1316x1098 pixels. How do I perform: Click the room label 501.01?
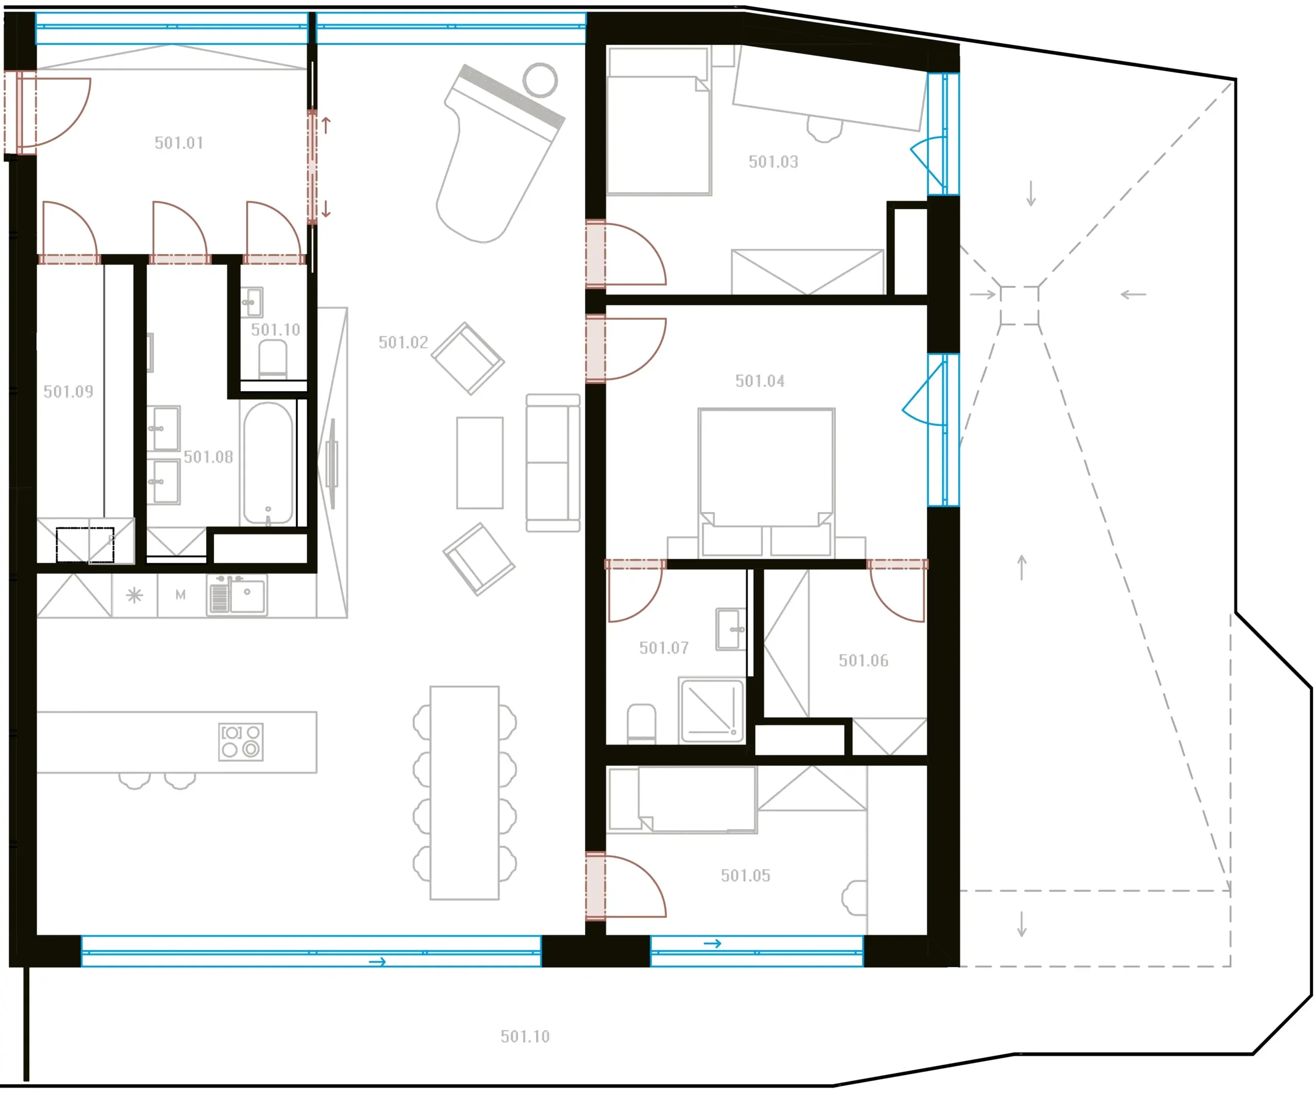(x=179, y=143)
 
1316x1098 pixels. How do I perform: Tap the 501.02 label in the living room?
(x=403, y=342)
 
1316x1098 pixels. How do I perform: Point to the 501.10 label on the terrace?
(x=525, y=1037)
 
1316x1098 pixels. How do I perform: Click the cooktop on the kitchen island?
(x=241, y=742)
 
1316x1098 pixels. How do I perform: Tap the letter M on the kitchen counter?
(x=180, y=595)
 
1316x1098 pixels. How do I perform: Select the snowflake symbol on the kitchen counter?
(x=135, y=595)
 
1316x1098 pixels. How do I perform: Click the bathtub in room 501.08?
(x=268, y=463)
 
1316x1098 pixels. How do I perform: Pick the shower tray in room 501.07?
(x=711, y=710)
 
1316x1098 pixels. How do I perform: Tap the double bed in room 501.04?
(x=766, y=483)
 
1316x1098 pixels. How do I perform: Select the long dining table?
(x=464, y=793)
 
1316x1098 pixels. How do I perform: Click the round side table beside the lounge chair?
(x=540, y=80)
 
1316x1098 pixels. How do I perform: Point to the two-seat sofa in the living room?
(x=553, y=463)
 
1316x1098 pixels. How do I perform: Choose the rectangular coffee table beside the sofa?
(x=480, y=463)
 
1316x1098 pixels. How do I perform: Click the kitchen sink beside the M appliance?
(x=237, y=595)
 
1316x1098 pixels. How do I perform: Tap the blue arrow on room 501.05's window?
(x=712, y=943)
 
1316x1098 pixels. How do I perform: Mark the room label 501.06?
(x=864, y=661)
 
